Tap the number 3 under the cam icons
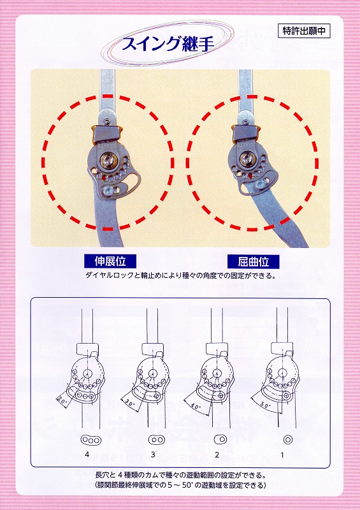coord(153,455)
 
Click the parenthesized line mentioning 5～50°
coord(181,485)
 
